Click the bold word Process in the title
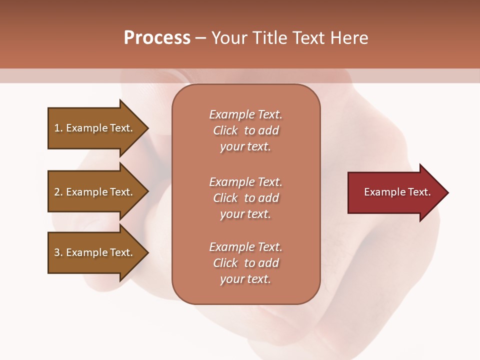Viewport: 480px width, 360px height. coord(157,38)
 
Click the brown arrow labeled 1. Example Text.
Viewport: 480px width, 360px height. coord(95,128)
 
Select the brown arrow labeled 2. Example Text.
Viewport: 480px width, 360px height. coord(95,192)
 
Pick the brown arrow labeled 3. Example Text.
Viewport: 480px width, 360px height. coord(95,252)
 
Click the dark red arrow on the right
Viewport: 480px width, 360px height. coord(395,192)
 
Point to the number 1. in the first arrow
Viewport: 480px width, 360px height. coord(58,128)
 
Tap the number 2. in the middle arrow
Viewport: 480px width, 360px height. coord(58,192)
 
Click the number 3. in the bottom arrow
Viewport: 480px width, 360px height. coord(58,252)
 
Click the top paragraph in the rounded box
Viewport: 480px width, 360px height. coord(245,130)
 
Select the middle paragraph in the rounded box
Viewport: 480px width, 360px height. coord(245,198)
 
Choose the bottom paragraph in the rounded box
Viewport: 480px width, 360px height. coord(245,263)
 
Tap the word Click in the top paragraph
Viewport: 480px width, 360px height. coord(225,130)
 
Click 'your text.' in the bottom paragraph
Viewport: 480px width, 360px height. coord(245,279)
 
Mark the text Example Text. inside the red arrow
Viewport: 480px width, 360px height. coord(397,192)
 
